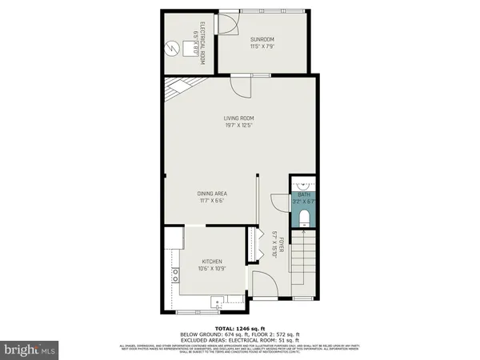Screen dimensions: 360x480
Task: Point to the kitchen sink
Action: pos(216,302)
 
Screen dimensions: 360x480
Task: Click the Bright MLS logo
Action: pos(30,348)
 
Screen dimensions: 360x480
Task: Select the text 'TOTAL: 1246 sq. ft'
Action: pos(239,329)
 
